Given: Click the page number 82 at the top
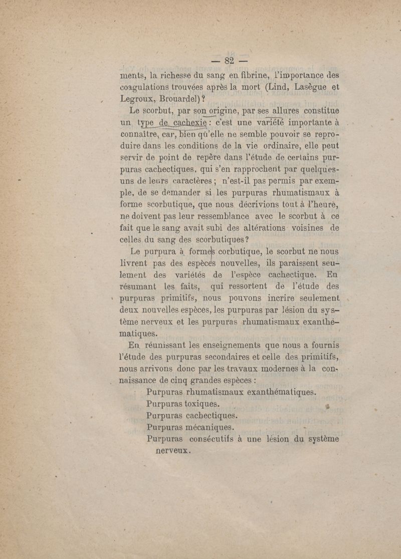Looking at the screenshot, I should (x=230, y=62).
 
